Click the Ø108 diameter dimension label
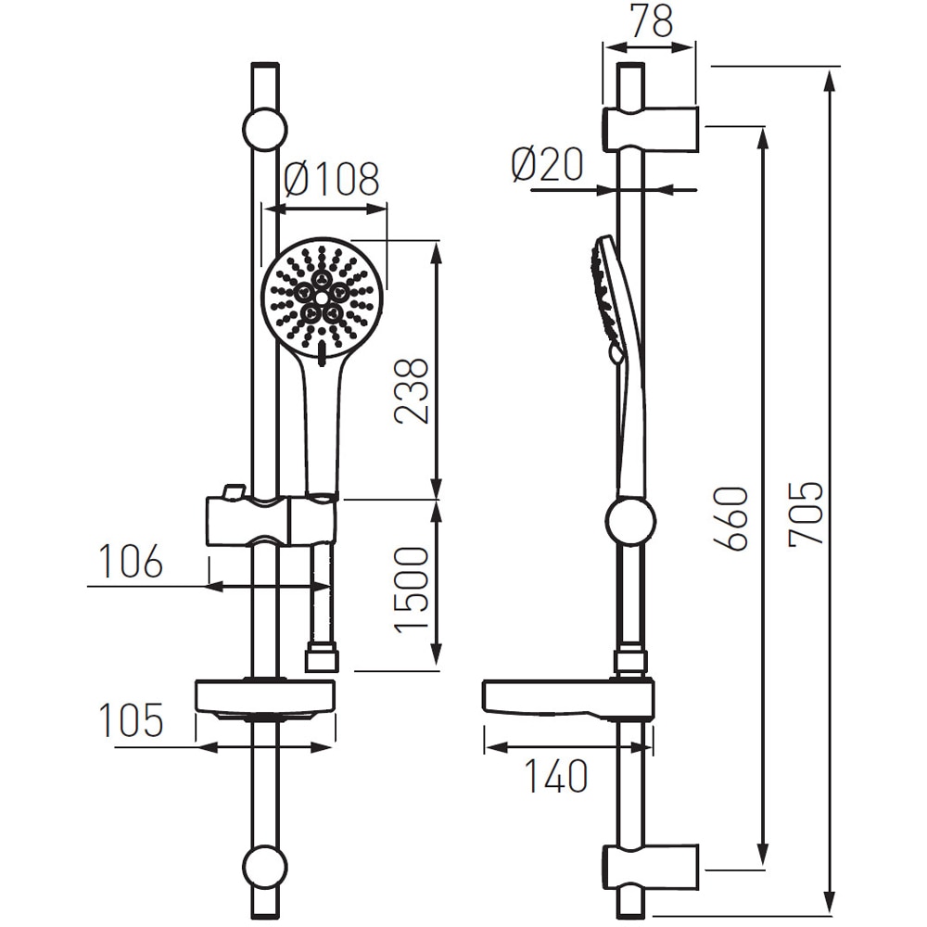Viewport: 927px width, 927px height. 331,179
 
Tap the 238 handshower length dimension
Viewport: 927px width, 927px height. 412,390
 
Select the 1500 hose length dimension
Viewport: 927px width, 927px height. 412,590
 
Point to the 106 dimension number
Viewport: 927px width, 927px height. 131,563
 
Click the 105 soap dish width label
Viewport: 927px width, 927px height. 131,720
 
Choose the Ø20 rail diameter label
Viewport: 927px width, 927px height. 547,166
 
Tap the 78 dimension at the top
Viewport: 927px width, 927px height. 650,21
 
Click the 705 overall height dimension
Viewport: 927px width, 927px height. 805,513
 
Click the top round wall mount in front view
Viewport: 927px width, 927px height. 264,129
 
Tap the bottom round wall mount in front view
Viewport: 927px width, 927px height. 264,867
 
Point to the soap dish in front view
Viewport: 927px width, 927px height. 264,699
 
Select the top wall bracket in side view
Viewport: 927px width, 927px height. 651,129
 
